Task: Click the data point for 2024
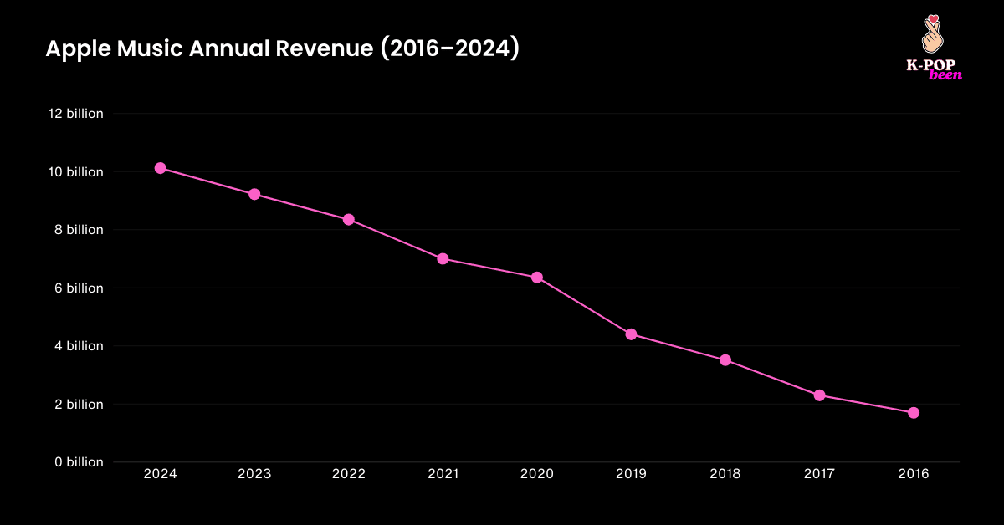pos(160,168)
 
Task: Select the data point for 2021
pos(443,259)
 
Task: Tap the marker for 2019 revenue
pos(631,334)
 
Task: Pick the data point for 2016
pos(914,413)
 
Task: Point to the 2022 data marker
pos(348,220)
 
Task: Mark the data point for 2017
pos(819,395)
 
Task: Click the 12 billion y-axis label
pos(74,114)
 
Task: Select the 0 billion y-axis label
pos(77,462)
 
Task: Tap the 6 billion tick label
pos(77,288)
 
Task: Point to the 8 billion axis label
pos(77,230)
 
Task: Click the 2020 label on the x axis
pos(536,474)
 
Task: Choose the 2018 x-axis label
pos(725,474)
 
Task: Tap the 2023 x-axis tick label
pos(254,474)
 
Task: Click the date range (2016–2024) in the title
pos(450,50)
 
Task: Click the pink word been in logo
pos(945,75)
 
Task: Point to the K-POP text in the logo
pos(931,64)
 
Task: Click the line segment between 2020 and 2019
pos(584,306)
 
